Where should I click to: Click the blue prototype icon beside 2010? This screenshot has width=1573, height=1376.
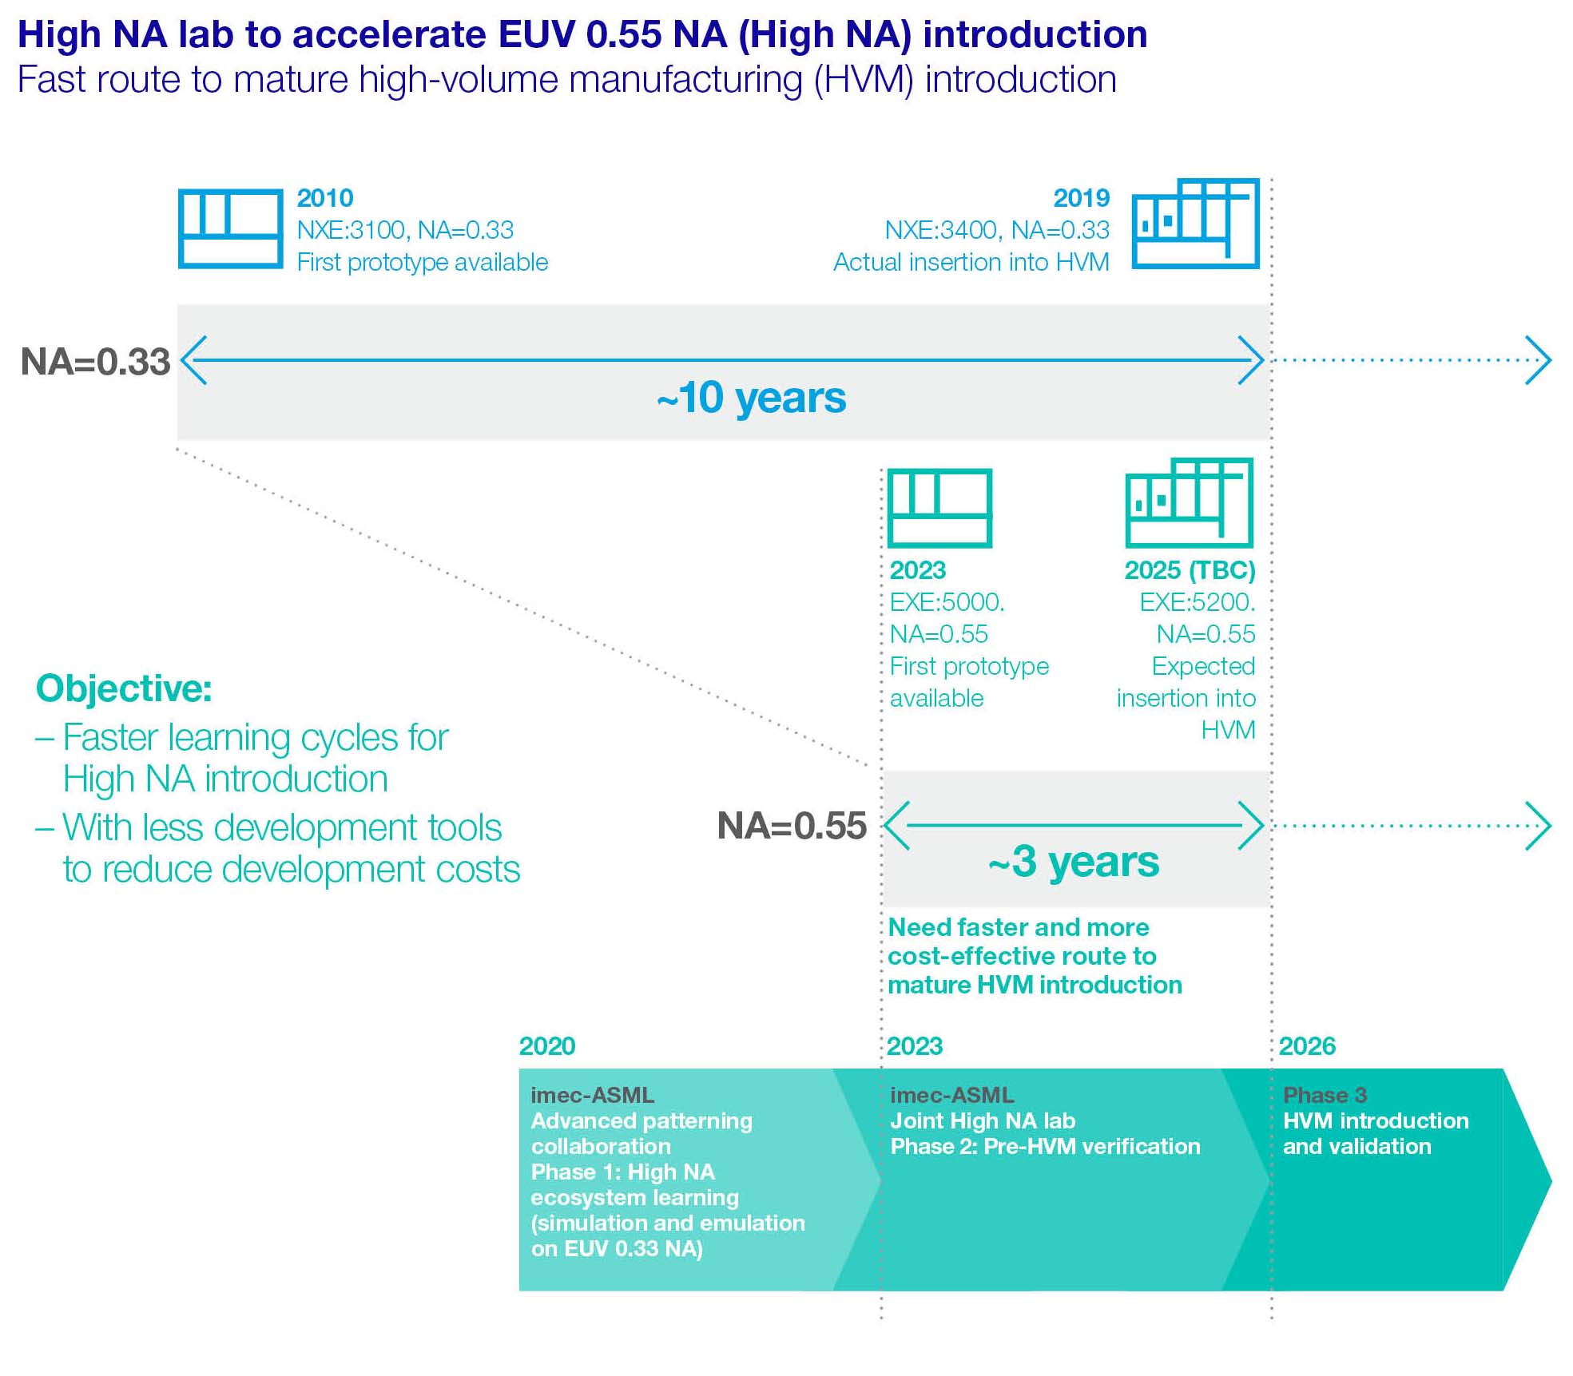[230, 228]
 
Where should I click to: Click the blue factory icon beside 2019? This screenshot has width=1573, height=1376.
[1195, 224]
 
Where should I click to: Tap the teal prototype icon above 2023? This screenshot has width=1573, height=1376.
[940, 508]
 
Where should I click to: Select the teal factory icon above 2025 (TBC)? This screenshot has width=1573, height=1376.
[1189, 503]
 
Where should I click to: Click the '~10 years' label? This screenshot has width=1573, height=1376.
[751, 398]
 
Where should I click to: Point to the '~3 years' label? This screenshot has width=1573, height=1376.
[1073, 862]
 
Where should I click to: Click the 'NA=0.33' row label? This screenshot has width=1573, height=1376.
[95, 362]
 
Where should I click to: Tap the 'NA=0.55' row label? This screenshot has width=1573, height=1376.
[792, 826]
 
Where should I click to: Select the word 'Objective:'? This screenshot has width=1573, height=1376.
[124, 688]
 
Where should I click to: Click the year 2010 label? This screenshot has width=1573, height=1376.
[325, 198]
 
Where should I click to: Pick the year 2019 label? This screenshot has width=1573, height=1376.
[1081, 198]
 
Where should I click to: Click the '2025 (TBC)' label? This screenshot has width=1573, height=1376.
[1190, 570]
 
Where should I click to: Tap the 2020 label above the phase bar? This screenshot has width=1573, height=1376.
[547, 1046]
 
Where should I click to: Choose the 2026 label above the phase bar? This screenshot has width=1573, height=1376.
[1307, 1046]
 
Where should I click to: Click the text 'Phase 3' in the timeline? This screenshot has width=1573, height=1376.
[1325, 1095]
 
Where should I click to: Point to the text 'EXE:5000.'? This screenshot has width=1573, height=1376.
[947, 602]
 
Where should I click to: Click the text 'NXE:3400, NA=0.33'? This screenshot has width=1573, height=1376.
[996, 230]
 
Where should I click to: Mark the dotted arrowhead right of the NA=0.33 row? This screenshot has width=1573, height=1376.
[1539, 360]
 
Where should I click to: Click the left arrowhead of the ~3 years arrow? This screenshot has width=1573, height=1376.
[896, 826]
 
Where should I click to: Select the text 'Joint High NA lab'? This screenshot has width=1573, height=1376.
[983, 1120]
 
